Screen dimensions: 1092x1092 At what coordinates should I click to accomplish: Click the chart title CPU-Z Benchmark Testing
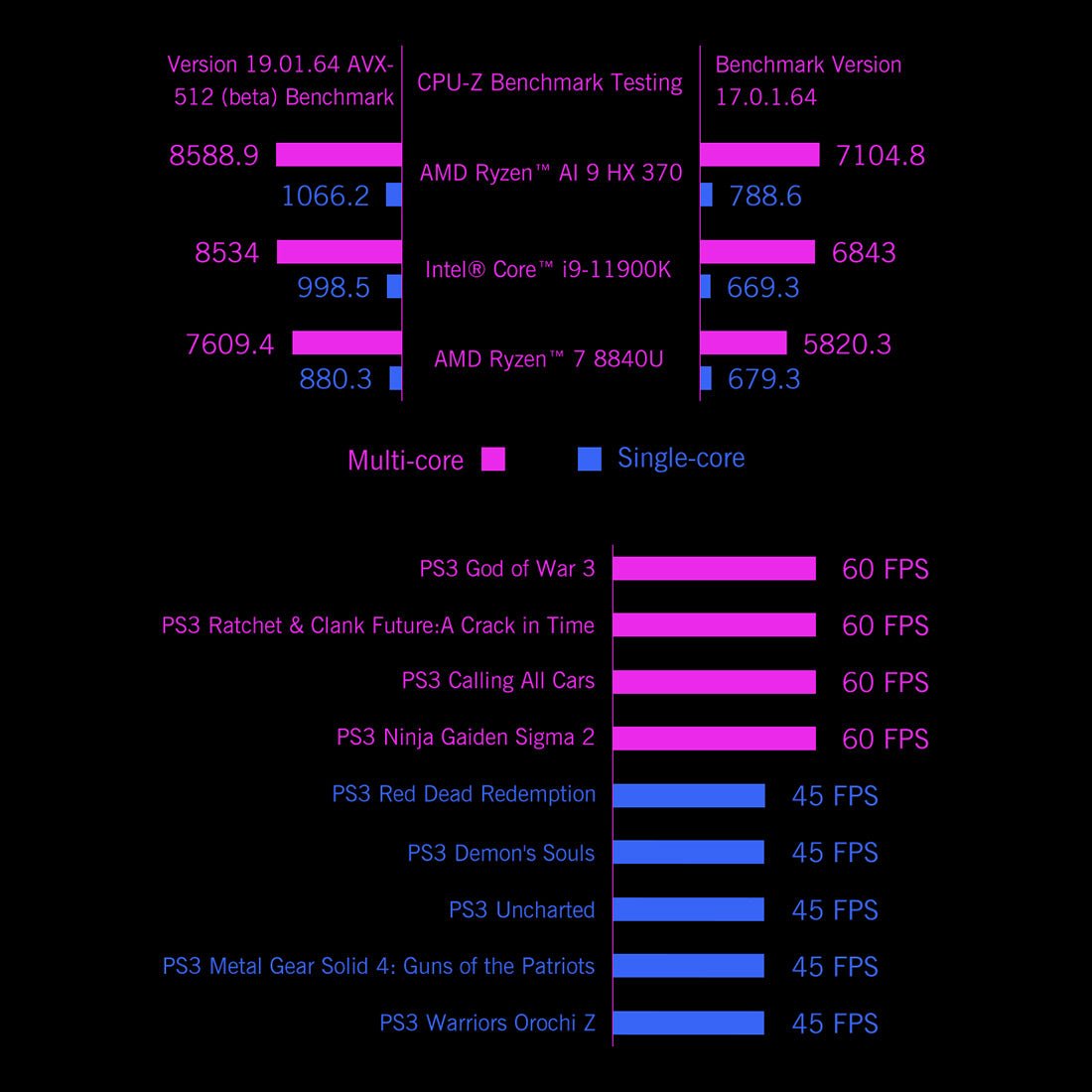point(549,82)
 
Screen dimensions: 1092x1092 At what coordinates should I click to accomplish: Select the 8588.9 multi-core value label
point(213,156)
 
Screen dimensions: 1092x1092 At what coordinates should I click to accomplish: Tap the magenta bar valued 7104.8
point(759,155)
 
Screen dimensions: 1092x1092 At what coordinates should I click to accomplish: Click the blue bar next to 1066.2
point(394,195)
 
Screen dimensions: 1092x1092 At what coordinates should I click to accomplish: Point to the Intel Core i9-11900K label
point(548,269)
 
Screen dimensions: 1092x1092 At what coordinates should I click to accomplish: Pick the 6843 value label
point(864,253)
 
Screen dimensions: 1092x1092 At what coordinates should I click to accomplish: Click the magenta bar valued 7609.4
point(346,343)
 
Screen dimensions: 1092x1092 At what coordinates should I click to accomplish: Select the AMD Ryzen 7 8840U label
point(548,359)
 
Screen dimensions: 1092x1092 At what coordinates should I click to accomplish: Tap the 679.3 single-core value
point(763,379)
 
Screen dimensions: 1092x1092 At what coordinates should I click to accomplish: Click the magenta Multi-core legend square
point(492,459)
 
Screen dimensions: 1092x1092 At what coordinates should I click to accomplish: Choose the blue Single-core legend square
point(590,459)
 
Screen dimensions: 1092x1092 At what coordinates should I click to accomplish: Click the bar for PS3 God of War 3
point(714,569)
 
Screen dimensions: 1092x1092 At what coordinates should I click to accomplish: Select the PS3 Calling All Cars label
point(497,681)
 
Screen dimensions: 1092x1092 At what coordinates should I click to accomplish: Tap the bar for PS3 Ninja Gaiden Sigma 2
point(714,739)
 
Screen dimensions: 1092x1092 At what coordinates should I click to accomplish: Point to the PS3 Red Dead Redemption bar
point(689,795)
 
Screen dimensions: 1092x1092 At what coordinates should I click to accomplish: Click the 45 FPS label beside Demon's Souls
point(835,853)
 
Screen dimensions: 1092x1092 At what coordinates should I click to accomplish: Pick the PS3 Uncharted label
point(521,909)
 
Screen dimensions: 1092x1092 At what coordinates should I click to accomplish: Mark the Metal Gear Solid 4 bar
point(689,966)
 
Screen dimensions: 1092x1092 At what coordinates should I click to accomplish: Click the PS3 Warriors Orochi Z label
point(486,1023)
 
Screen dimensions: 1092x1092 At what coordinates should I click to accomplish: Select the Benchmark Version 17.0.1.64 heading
point(808,80)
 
